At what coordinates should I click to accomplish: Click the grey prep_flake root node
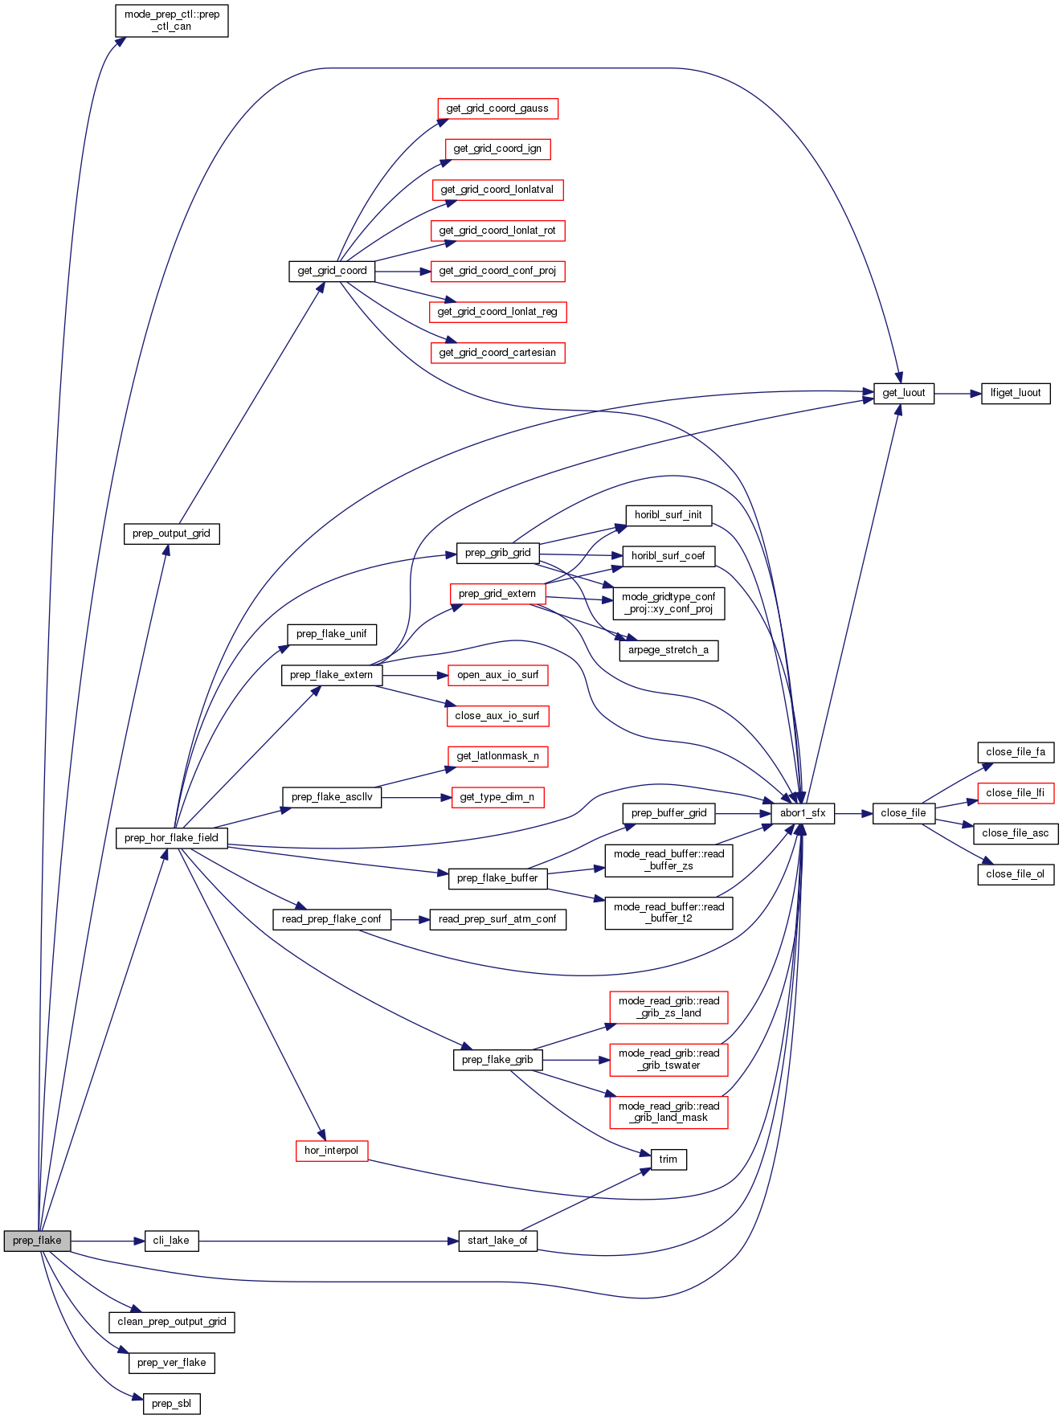37,1241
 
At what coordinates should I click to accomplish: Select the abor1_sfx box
803,813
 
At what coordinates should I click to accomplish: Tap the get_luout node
903,393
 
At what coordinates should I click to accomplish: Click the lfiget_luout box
1016,393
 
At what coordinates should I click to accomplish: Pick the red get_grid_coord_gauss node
497,108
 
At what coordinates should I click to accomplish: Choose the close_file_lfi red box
1015,793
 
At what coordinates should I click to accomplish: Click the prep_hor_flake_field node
171,838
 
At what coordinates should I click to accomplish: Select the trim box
668,1159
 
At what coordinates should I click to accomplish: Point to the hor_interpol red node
331,1151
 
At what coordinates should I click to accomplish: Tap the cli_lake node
171,1241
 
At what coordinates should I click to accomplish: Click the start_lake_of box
497,1241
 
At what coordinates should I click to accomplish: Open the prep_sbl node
171,1404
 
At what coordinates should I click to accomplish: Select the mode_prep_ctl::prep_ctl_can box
171,20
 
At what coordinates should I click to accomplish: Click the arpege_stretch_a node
668,650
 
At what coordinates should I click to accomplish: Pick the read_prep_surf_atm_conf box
497,919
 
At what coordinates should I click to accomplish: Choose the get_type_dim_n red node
497,797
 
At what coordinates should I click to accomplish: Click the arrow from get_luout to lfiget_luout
958,394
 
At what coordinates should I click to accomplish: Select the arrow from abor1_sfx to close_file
853,813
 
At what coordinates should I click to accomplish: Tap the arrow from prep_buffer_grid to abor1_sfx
743,813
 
